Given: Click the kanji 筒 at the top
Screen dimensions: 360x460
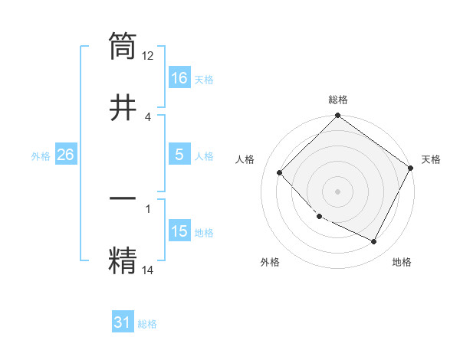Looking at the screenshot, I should [x=123, y=45].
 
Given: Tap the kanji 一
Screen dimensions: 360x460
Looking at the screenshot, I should [x=123, y=198].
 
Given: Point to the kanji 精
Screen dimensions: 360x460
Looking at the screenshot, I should [x=123, y=258].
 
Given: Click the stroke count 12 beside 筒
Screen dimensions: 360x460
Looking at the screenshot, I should [x=148, y=56].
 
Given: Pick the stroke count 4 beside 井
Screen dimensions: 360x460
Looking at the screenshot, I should [x=148, y=116].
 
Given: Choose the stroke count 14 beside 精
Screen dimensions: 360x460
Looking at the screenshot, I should [x=148, y=270].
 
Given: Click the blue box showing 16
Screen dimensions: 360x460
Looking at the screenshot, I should [x=179, y=78].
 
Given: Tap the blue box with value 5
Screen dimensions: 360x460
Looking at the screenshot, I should [x=179, y=155].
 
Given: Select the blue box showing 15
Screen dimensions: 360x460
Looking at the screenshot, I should [x=179, y=231].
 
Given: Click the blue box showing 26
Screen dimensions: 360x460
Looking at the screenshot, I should [x=65, y=155].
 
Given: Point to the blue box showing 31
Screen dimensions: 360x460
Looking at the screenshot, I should [x=123, y=322].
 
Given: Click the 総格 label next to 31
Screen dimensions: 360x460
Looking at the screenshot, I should [x=147, y=324].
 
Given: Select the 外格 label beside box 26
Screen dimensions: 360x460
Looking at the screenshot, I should [x=41, y=155].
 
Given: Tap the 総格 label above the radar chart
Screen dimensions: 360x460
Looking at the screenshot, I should [x=338, y=100].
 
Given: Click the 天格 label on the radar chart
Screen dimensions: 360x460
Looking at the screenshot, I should [x=431, y=159].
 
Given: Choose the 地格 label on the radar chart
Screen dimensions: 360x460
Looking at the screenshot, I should [x=402, y=262].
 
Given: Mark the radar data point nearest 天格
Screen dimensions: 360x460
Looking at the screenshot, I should [x=411, y=168].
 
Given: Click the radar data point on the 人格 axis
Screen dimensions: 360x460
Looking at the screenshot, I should [x=280, y=172].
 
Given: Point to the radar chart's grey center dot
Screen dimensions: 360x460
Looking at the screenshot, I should [x=338, y=191].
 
